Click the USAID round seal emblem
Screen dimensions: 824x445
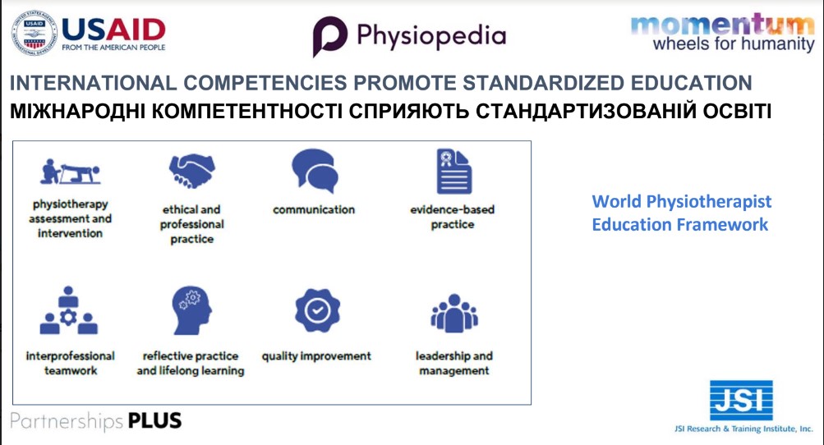[35, 33]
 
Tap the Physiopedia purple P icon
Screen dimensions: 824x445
[329, 36]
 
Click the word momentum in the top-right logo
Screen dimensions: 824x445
[723, 24]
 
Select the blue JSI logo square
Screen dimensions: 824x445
[741, 401]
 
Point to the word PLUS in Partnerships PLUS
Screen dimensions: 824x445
[154, 421]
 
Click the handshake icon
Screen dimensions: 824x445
[191, 171]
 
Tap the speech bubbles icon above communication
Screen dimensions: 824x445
[315, 171]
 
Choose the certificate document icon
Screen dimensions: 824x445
[453, 172]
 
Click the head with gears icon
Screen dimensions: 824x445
[191, 310]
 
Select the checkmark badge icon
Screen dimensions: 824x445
[317, 310]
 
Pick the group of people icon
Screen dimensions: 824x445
[454, 313]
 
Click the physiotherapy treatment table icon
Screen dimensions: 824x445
[70, 172]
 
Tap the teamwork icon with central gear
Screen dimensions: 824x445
[68, 310]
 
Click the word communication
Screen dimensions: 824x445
[314, 209]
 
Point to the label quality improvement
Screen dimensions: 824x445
[316, 356]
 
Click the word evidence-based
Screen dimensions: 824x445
[453, 209]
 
